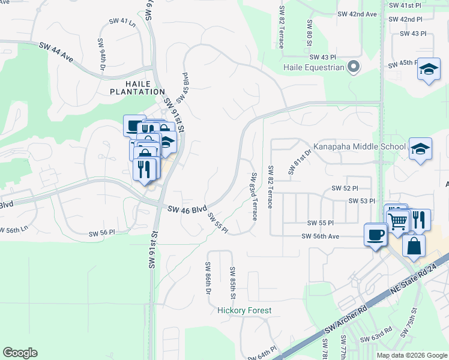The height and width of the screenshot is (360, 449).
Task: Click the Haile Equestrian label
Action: click(x=313, y=67)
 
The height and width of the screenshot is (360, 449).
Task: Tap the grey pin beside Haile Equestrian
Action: click(x=354, y=67)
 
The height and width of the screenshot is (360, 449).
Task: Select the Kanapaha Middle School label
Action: click(x=360, y=146)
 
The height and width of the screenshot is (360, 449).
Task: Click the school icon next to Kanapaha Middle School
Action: click(x=420, y=149)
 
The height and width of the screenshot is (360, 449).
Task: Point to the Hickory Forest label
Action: click(x=244, y=311)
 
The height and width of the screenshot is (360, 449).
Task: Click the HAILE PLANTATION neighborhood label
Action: click(x=137, y=88)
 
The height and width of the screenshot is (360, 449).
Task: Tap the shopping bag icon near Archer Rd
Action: click(x=414, y=245)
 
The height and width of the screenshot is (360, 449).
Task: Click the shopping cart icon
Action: click(x=398, y=221)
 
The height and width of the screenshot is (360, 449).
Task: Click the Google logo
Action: click(x=20, y=353)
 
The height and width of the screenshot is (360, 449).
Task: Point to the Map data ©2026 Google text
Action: click(x=411, y=355)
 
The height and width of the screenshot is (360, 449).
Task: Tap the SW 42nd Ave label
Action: click(x=357, y=14)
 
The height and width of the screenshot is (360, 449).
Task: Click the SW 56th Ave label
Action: click(x=321, y=237)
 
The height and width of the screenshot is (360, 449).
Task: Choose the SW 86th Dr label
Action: click(x=208, y=278)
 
